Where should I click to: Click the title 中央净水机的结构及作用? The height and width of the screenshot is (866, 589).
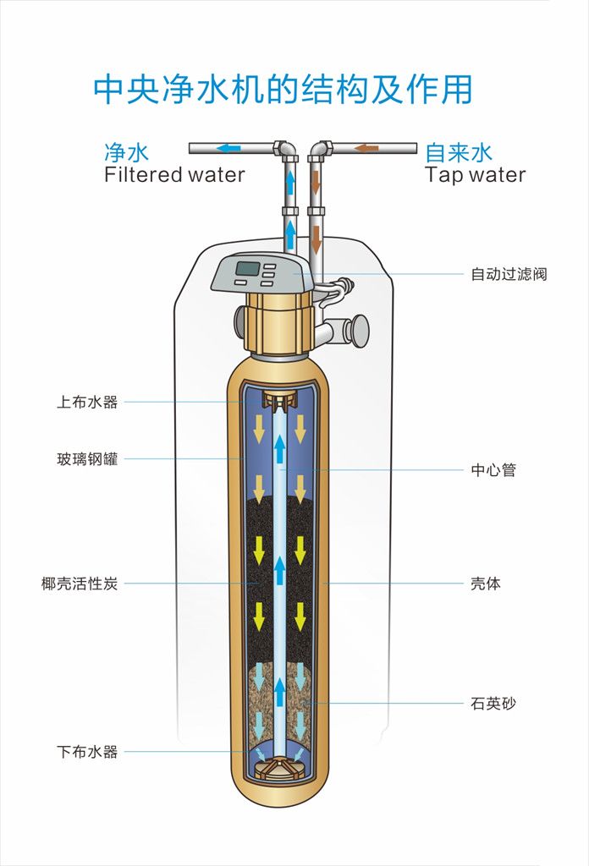tap(283, 89)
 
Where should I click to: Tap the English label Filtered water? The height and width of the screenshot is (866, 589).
tap(174, 174)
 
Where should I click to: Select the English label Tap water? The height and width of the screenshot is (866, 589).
tap(476, 174)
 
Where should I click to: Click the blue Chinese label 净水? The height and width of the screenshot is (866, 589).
tap(127, 152)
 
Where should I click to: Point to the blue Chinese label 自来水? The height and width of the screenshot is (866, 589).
tap(458, 152)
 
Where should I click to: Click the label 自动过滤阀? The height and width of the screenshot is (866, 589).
tap(509, 274)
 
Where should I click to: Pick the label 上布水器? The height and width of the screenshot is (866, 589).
tap(87, 402)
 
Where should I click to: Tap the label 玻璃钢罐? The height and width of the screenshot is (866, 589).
tap(87, 458)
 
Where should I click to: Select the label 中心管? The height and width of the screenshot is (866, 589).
tap(493, 470)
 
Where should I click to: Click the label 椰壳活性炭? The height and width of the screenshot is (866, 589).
tap(80, 584)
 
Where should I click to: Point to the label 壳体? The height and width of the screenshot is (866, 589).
tap(486, 584)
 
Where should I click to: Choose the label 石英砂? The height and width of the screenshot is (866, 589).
tap(493, 704)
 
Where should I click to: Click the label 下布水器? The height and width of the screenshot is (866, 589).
tap(87, 752)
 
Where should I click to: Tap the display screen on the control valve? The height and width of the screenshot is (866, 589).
tap(248, 269)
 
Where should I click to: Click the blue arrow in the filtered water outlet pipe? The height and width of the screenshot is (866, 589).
tap(228, 148)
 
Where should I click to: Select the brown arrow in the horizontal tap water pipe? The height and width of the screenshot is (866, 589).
tap(367, 148)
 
